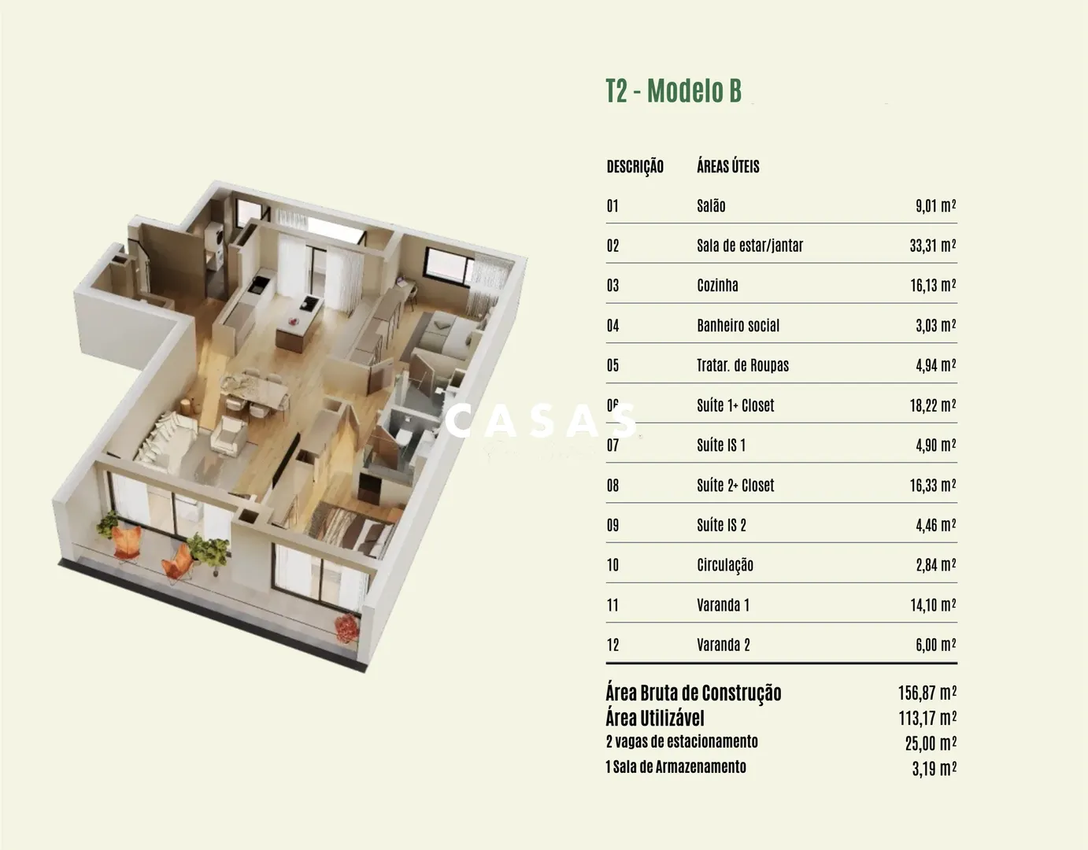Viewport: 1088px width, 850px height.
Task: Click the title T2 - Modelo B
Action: (673, 91)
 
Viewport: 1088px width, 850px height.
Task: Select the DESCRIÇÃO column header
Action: (635, 167)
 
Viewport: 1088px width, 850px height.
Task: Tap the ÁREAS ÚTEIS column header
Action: (728, 166)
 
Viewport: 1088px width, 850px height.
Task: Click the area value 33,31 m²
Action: (933, 245)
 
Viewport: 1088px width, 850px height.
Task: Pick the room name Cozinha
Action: (717, 285)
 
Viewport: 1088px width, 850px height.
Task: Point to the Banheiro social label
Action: (738, 325)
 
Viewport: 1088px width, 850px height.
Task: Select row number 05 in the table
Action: (612, 365)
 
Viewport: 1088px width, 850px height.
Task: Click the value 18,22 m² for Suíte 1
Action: (933, 405)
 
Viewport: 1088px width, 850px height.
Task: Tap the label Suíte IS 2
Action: (721, 525)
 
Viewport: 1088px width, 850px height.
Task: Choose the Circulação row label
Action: (725, 565)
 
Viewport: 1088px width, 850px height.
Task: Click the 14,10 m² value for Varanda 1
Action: (933, 605)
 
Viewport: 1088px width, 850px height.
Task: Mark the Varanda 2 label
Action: (723, 645)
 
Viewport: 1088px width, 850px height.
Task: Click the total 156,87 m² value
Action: (927, 693)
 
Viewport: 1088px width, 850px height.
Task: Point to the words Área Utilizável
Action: (655, 719)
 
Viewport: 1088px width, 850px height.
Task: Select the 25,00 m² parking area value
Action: (931, 744)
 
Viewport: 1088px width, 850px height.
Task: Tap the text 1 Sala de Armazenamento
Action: (676, 767)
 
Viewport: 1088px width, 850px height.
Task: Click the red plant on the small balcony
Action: (347, 628)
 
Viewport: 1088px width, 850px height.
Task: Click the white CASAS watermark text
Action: (540, 421)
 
